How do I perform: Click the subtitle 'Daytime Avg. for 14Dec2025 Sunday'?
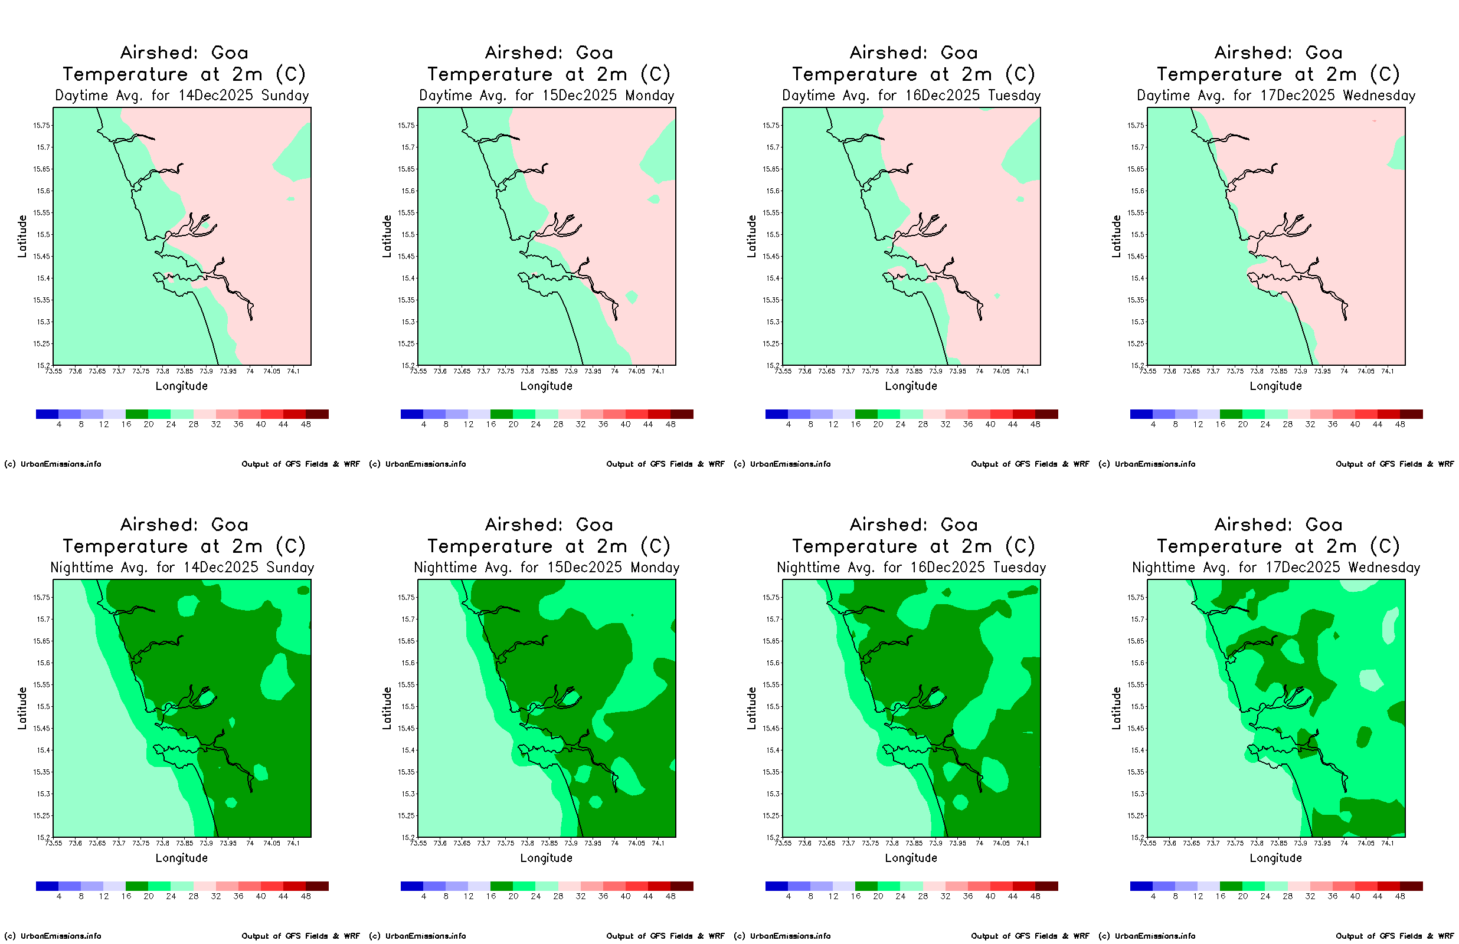[181, 96]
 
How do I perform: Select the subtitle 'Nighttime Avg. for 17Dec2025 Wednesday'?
[1275, 568]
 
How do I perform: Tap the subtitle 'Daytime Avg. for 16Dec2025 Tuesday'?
[911, 96]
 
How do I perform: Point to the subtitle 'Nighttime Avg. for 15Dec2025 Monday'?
[546, 568]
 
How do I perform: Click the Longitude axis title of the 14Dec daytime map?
[181, 386]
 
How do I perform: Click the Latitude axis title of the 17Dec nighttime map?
[1116, 708]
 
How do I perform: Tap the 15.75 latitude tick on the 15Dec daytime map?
[407, 126]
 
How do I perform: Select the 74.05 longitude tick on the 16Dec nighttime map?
[1001, 844]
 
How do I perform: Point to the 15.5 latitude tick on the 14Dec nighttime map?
[44, 707]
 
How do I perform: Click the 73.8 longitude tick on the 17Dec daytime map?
[1257, 372]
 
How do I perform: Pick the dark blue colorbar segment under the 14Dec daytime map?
[47, 414]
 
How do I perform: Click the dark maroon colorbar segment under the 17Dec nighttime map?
[1411, 886]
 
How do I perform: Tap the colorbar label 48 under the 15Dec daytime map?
[670, 424]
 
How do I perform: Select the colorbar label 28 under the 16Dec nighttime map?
[923, 896]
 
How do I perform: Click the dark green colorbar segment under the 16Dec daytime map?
[866, 414]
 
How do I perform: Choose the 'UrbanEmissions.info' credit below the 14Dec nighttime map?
[61, 936]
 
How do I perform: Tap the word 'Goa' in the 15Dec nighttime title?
[594, 525]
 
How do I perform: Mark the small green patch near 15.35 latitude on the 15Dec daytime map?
[632, 297]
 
